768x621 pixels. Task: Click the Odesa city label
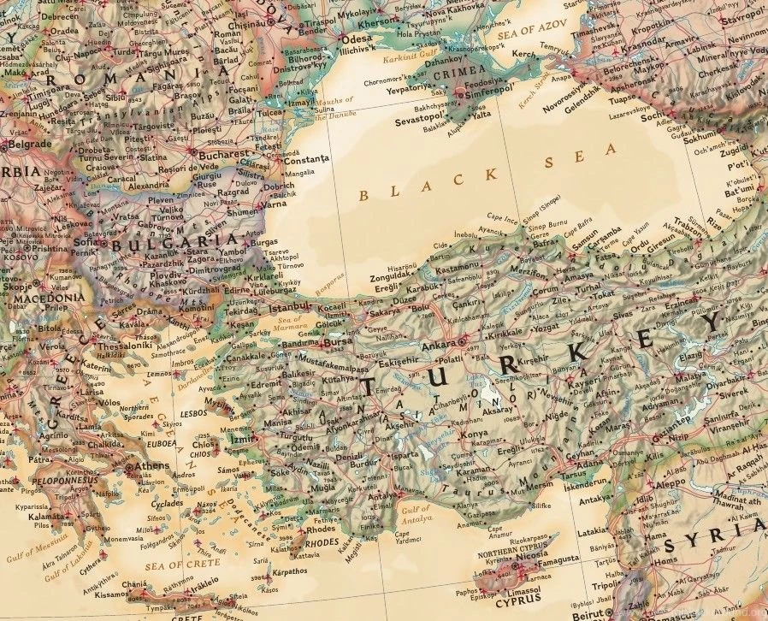click(356, 39)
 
